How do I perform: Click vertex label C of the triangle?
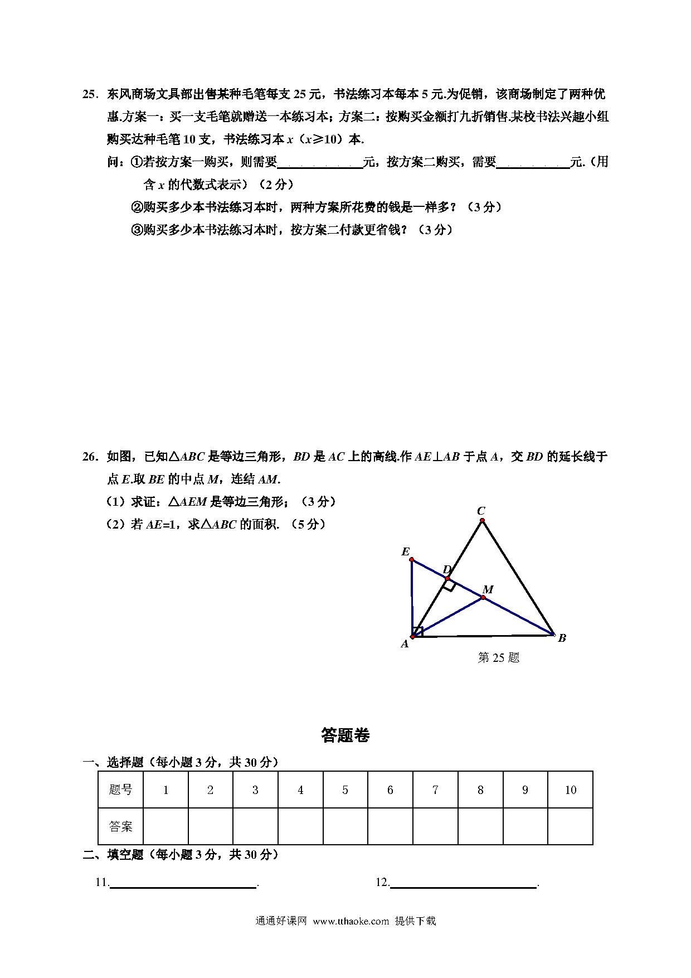coord(481,511)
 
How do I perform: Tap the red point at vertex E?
coord(411,559)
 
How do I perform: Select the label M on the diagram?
coord(488,589)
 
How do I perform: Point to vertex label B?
coord(562,638)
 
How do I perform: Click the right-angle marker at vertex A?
coord(418,631)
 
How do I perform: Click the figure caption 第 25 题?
coord(499,658)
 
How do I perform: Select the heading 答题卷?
coord(345,735)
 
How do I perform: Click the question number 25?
coord(90,94)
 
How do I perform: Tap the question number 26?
coord(90,457)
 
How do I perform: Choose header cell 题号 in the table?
coord(121,790)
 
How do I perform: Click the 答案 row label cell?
coord(121,826)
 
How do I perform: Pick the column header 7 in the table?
coord(435,790)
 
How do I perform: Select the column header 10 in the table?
coord(570,790)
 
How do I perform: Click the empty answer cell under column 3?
coord(255,826)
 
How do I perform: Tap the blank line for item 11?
coord(183,883)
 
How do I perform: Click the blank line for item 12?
coord(463,883)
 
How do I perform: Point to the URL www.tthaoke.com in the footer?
coord(351,921)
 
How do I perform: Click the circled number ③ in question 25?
coord(137,230)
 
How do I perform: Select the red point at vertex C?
coord(482,521)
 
